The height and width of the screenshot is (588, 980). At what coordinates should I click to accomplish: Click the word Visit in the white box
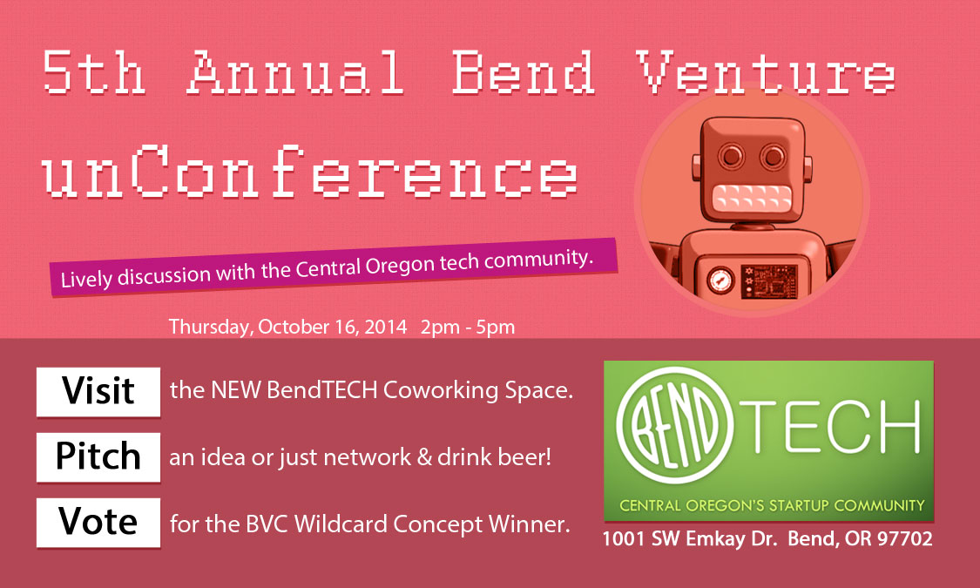(98, 391)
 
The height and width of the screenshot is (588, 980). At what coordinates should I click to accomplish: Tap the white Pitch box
(98, 456)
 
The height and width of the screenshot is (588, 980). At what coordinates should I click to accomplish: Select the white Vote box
(98, 522)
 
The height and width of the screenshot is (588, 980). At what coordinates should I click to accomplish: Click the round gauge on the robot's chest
(720, 280)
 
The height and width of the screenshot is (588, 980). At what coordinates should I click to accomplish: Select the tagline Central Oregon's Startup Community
(771, 505)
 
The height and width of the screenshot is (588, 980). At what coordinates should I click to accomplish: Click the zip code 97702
(903, 540)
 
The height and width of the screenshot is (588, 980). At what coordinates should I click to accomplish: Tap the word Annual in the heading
(296, 73)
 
